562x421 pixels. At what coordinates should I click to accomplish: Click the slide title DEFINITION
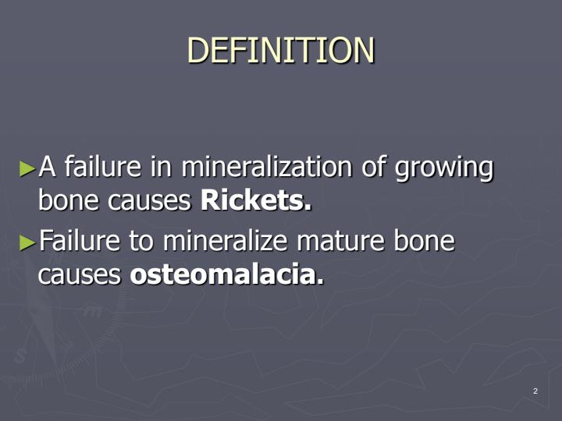coord(281,51)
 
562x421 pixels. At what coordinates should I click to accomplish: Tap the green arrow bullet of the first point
coord(27,167)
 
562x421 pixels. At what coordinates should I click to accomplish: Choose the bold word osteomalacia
coord(226,275)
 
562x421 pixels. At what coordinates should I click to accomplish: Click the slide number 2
coord(535,391)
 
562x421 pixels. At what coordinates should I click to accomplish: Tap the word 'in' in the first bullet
coord(162,167)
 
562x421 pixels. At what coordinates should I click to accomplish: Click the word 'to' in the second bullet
coord(141,242)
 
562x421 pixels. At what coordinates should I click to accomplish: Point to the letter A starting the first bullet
coord(47,167)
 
